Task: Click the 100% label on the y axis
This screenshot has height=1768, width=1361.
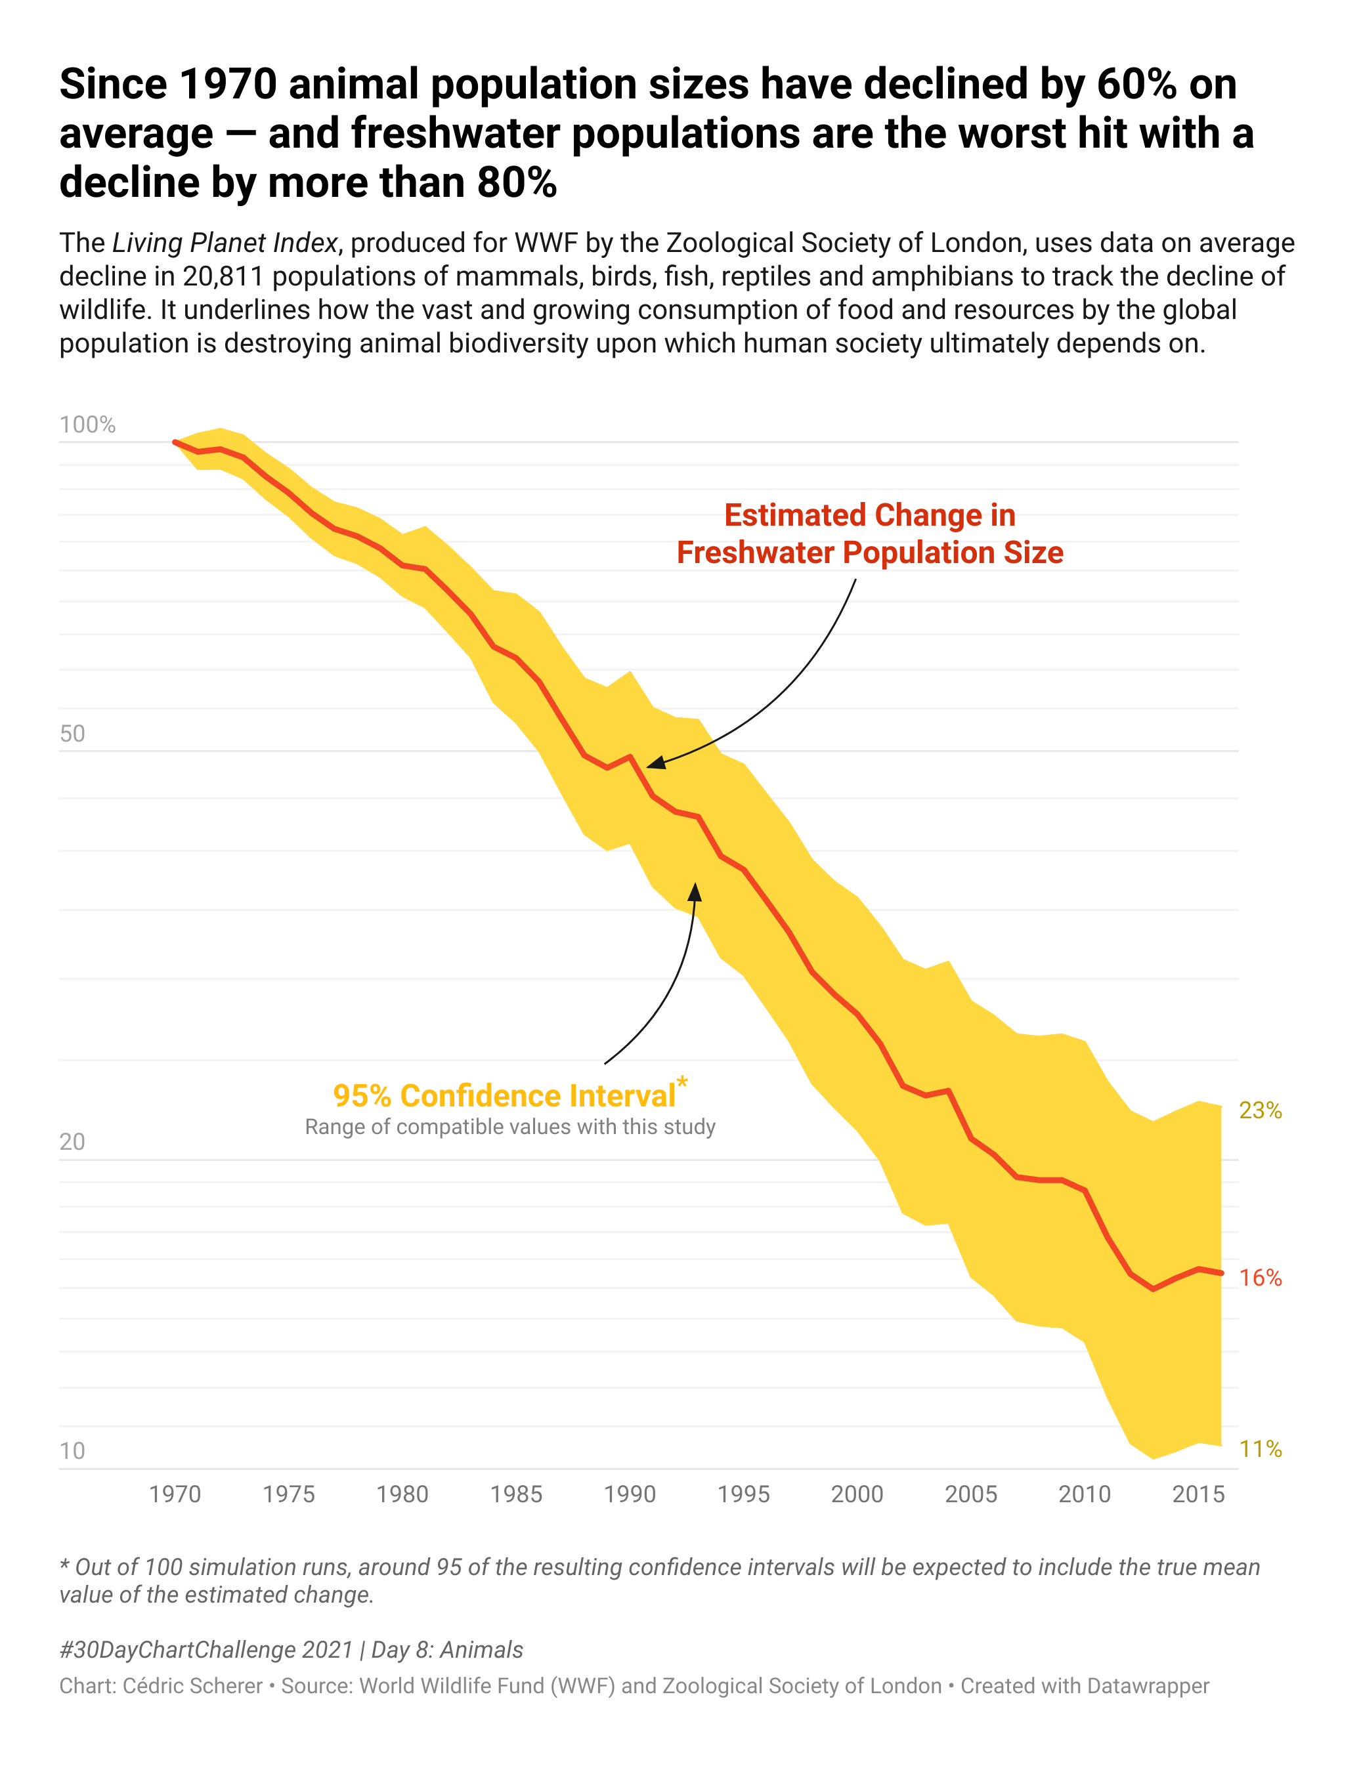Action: tap(87, 425)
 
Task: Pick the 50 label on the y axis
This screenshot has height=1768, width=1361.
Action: tap(72, 734)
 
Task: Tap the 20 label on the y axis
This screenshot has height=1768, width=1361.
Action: tap(72, 1141)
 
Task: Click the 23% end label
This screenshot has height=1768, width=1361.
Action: tap(1260, 1110)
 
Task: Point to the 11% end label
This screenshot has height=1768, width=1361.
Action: tap(1260, 1449)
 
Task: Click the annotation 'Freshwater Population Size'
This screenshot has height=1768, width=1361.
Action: tap(869, 552)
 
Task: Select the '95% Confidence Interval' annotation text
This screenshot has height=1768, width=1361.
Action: tap(504, 1095)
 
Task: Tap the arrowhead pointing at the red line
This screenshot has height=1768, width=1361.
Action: tap(654, 763)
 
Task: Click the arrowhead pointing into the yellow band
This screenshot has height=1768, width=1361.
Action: tap(695, 891)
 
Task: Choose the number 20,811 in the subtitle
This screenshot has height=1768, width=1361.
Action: tap(223, 277)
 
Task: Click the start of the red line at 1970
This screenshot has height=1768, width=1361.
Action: tap(175, 442)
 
